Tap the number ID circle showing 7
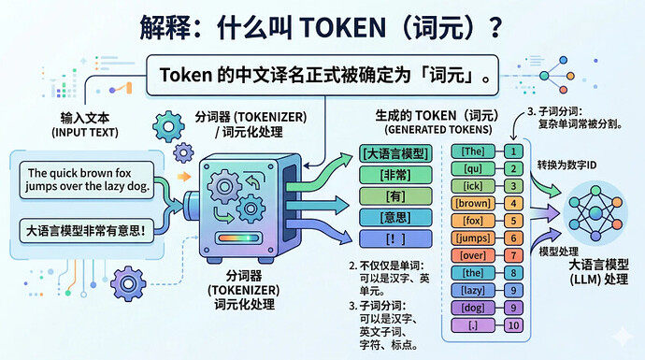point(512,255)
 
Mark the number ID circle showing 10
point(512,324)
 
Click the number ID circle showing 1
point(512,150)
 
